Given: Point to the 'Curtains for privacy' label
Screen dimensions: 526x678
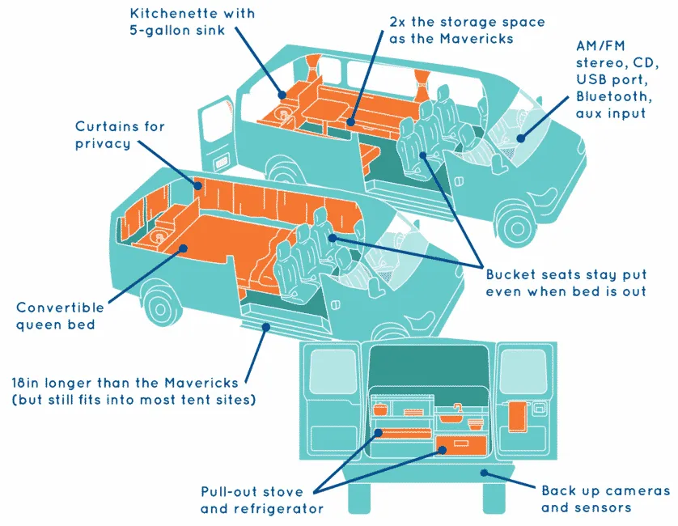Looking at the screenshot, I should pos(120,135).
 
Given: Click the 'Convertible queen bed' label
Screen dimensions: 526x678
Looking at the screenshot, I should pos(61,316).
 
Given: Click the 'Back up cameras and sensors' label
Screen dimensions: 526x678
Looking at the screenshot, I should pos(605,499).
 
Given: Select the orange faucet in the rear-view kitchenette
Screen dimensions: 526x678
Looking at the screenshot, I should pos(456,408).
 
